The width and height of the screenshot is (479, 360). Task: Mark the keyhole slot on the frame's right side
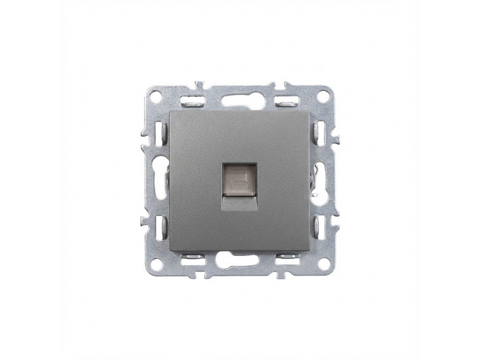click(x=321, y=176)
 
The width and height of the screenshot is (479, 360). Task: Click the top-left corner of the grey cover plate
click(x=169, y=111)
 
